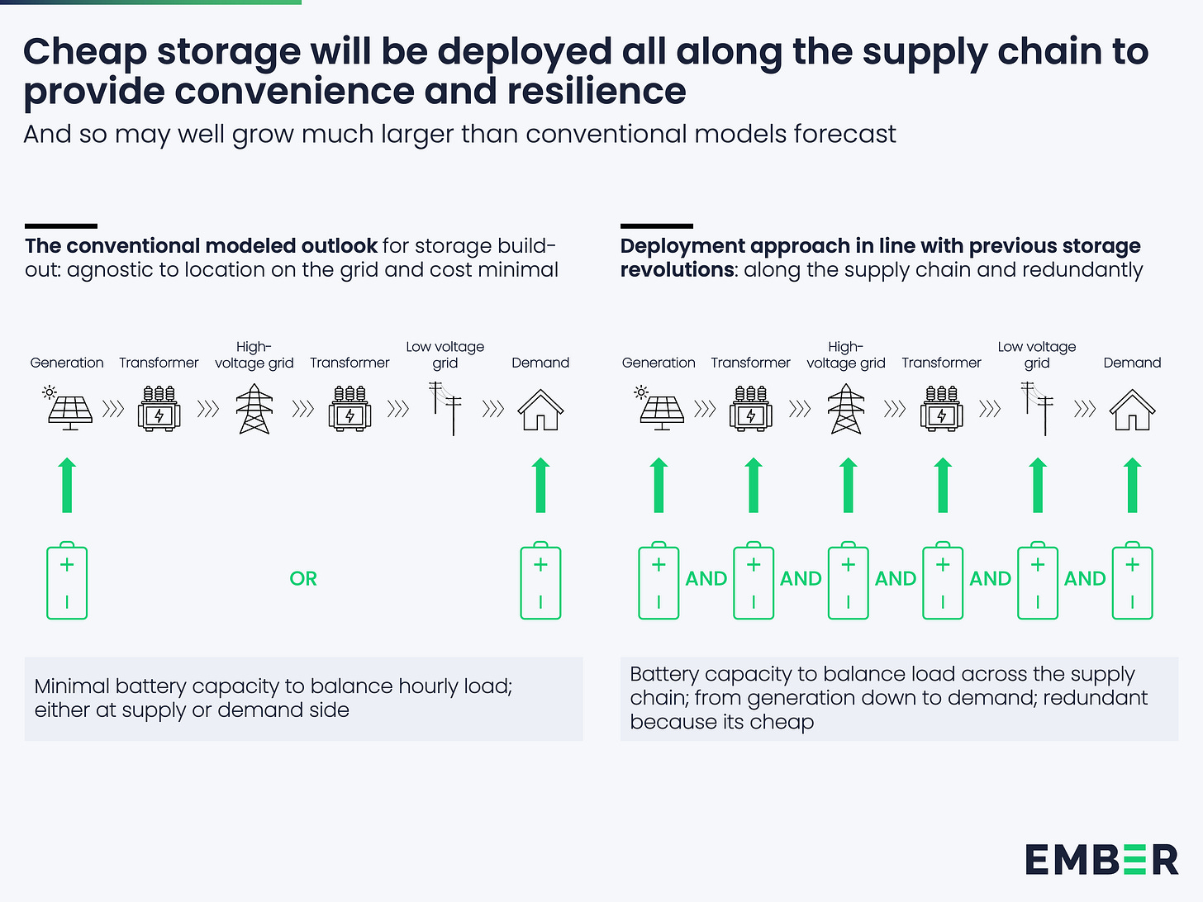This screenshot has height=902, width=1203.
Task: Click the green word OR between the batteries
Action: pos(303,579)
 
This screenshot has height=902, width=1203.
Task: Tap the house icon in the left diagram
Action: pos(540,410)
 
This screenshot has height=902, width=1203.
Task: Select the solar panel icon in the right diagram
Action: pos(660,408)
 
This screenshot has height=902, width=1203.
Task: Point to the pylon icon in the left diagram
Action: pos(254,410)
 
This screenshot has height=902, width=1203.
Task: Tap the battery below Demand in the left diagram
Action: pos(540,581)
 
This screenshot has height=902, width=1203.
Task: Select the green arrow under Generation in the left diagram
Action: pos(68,486)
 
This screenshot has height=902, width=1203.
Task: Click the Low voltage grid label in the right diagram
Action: pos(1037,354)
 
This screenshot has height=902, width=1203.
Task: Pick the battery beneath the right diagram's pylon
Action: pos(849,581)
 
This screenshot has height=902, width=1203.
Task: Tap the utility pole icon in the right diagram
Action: pos(1038,408)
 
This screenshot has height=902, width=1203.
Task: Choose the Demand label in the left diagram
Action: pos(540,363)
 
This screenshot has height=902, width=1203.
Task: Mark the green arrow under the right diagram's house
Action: pos(1133,486)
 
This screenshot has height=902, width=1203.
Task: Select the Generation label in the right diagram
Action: pos(659,363)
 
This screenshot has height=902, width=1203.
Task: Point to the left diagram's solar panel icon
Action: pos(69,408)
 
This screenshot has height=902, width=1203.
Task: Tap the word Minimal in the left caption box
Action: pos(72,686)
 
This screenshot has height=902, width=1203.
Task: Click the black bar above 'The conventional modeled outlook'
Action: pos(61,225)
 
